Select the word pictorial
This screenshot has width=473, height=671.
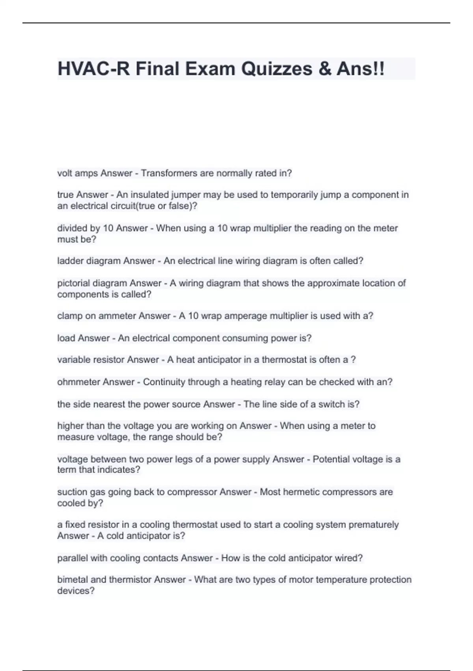72,283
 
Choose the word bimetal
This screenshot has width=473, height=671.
73,580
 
